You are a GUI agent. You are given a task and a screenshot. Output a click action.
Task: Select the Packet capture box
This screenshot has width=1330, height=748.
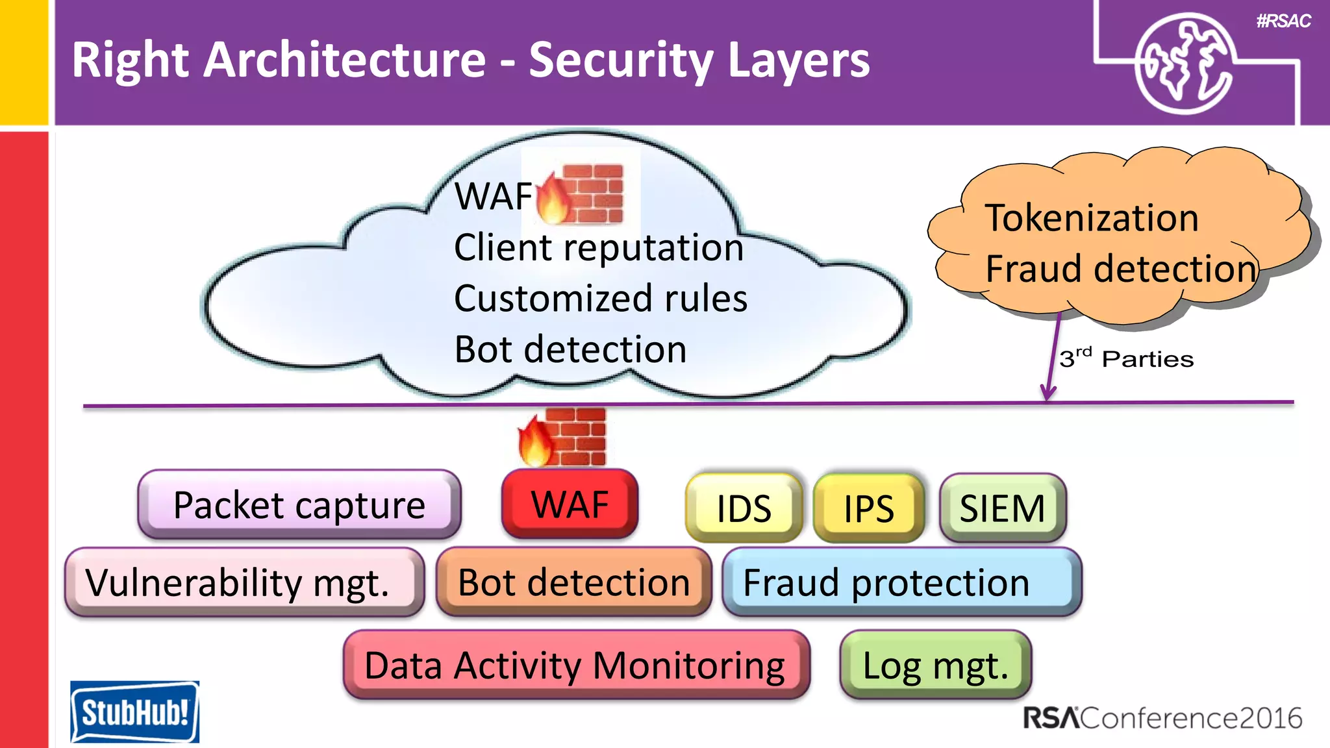coord(299,505)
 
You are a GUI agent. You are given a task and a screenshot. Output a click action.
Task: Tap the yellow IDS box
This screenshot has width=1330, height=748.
coord(744,508)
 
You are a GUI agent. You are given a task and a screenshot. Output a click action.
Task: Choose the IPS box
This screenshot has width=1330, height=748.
coord(868,508)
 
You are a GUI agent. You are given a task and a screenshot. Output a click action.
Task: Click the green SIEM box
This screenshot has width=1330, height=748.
coord(1002,508)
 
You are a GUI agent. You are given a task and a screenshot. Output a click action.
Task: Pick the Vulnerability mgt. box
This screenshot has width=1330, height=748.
coord(244,582)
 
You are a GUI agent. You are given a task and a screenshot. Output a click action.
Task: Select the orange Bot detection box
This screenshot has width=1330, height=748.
coord(573,582)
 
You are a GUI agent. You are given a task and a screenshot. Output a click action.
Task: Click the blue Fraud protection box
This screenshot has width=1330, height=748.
coord(901,582)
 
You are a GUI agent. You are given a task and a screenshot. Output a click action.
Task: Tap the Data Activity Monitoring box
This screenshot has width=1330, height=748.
coord(575,665)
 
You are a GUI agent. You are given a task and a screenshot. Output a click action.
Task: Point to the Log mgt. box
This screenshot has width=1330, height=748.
coord(935,665)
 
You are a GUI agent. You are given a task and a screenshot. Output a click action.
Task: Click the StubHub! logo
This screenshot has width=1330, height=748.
coord(134,712)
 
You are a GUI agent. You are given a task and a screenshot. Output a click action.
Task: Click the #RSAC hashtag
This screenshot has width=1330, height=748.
coord(1283,21)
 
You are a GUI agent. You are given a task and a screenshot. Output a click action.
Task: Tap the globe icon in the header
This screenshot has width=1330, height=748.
coord(1183,64)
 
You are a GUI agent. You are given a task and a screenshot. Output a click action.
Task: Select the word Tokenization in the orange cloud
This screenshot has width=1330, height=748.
coord(1092,218)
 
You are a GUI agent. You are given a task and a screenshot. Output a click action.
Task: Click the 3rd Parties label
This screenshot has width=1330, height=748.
coord(1126,359)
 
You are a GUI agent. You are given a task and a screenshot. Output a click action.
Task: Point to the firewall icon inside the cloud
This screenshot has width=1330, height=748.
coord(581,193)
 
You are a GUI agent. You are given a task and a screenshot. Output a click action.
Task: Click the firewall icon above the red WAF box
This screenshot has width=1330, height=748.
coord(563,437)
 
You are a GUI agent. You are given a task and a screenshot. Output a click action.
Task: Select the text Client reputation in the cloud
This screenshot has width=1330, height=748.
coord(598,247)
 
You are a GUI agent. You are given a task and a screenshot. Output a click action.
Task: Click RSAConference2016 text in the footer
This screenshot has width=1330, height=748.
coord(1162,718)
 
